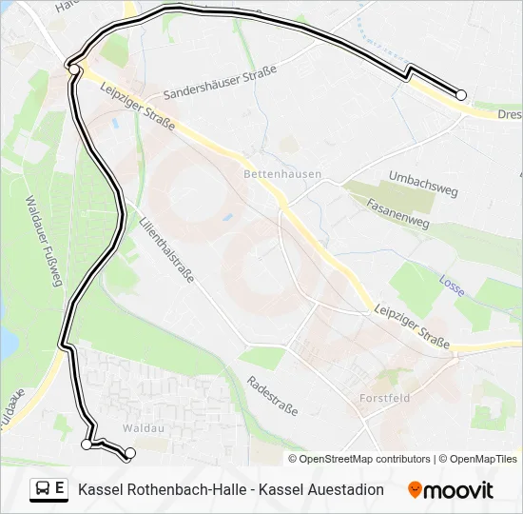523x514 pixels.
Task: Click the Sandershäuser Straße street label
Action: click(x=220, y=82)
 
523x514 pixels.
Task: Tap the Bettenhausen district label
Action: click(x=282, y=175)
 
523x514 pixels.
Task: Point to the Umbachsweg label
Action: click(x=423, y=184)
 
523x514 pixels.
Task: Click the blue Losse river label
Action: click(x=452, y=281)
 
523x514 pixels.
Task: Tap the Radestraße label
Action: click(x=272, y=395)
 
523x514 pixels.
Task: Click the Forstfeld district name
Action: click(x=385, y=398)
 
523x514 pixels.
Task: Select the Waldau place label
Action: click(x=139, y=428)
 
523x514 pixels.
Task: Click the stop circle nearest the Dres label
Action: click(x=461, y=95)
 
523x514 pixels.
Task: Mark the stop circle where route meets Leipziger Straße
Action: click(x=74, y=69)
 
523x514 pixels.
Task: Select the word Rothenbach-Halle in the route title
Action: click(x=182, y=489)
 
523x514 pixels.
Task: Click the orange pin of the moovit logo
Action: click(x=415, y=489)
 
